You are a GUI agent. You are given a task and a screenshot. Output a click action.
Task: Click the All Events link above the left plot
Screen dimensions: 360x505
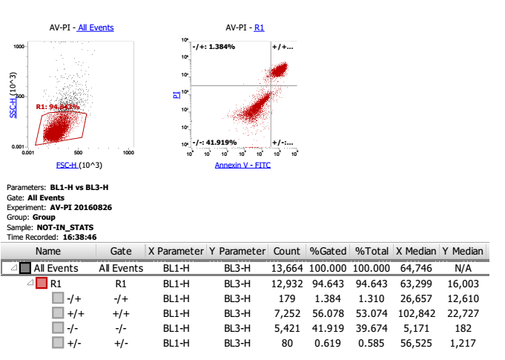(x=95, y=28)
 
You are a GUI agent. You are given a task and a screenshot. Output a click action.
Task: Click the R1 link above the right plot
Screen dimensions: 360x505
(x=260, y=28)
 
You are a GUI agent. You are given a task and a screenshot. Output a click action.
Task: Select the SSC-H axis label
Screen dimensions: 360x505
(x=13, y=99)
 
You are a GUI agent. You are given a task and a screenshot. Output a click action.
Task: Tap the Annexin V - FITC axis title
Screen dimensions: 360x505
(x=242, y=165)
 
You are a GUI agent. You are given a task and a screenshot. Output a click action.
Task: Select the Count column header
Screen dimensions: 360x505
(x=286, y=252)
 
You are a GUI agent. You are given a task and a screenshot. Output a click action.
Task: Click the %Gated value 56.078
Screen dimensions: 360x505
(x=332, y=312)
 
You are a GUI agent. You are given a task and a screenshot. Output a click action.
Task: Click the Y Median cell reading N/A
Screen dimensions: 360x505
(x=473, y=268)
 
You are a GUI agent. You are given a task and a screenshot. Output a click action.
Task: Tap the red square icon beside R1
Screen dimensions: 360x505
(x=42, y=283)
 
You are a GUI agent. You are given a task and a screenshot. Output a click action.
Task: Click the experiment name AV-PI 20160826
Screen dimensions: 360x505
(x=82, y=208)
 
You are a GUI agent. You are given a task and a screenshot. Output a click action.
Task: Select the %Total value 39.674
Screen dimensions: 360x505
(x=372, y=327)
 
